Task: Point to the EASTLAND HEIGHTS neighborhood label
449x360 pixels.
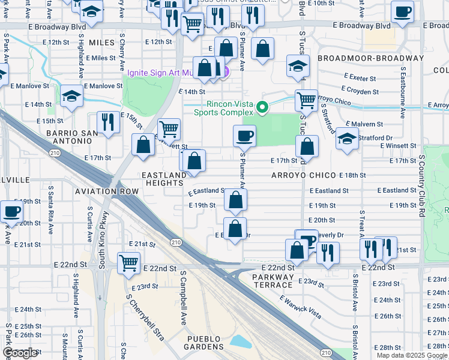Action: (164, 179)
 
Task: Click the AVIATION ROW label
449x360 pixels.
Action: (107, 191)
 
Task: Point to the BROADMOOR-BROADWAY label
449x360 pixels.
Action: (370, 58)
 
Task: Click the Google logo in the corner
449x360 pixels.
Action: (20, 353)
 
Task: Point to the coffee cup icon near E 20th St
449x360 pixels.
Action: (12, 211)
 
